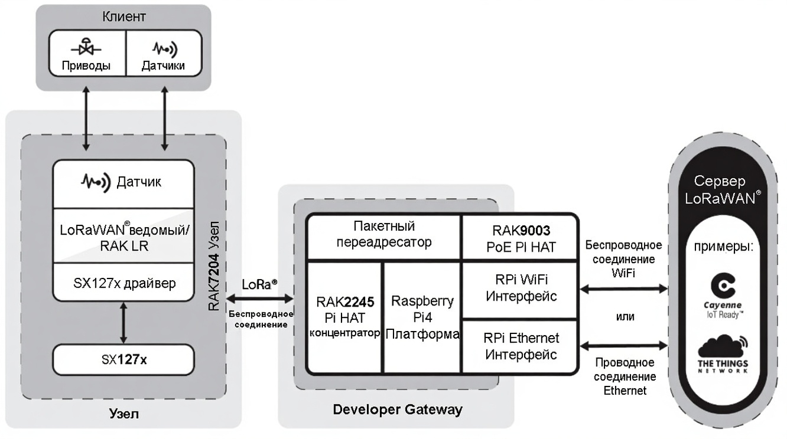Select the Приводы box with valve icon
86,53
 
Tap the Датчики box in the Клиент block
162,53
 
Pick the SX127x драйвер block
123,283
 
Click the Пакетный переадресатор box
383,234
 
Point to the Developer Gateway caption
397,409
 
